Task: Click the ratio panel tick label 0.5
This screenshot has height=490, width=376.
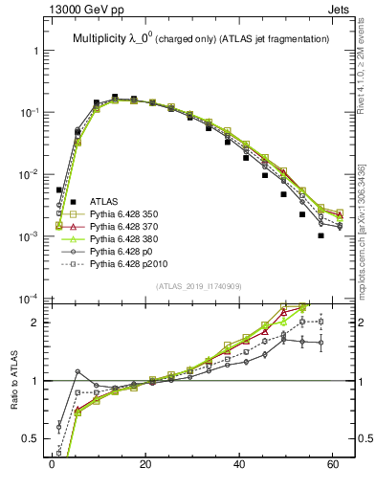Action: pos(33,440)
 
